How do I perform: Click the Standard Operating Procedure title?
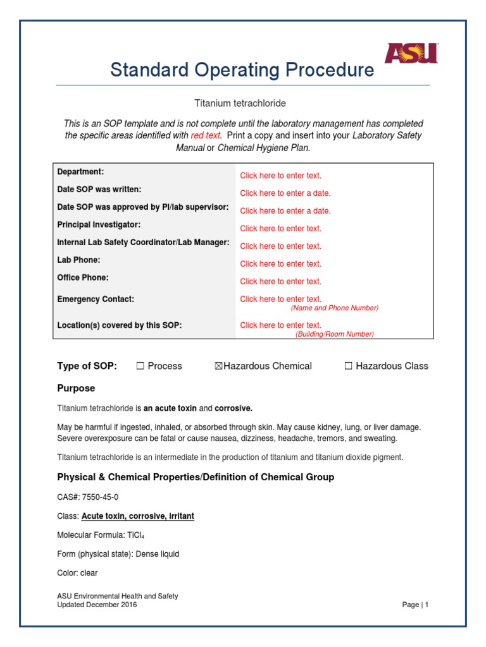(242, 70)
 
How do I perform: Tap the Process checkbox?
(140, 366)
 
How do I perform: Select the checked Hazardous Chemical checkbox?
(219, 366)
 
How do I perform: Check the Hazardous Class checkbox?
(348, 366)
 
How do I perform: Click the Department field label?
(80, 172)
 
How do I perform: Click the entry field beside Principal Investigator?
(280, 229)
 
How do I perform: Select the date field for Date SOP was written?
(285, 193)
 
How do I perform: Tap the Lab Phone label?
(78, 260)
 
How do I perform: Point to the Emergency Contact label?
(96, 299)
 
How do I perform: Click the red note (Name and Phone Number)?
(334, 308)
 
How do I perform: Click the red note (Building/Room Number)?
(334, 334)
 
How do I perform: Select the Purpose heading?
(76, 388)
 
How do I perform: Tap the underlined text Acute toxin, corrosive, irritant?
(138, 516)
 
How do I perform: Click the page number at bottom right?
(416, 605)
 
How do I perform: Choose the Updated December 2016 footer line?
(97, 605)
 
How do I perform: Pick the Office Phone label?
(83, 277)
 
